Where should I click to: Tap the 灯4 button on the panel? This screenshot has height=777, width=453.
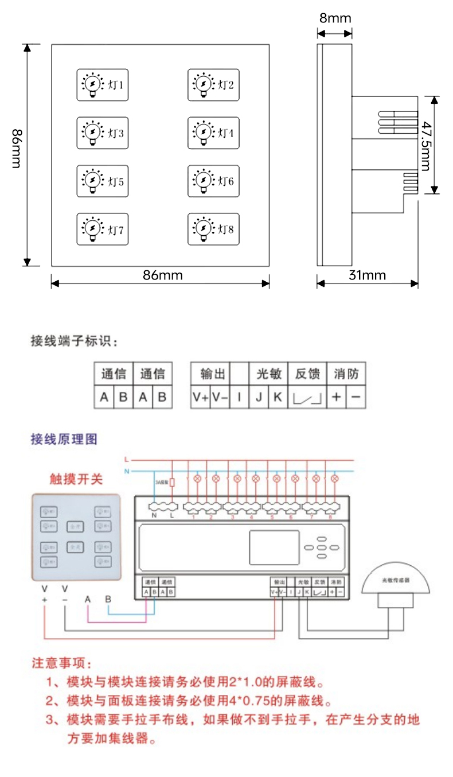point(213,133)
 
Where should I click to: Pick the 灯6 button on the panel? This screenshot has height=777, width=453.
point(213,181)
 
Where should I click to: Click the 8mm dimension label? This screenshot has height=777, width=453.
point(335,18)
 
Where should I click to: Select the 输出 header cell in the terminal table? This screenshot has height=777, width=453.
point(210,374)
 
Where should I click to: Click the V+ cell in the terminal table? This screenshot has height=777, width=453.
point(200,397)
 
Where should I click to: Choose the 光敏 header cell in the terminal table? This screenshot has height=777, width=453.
point(268,374)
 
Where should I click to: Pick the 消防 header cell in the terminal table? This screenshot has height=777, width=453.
point(346,374)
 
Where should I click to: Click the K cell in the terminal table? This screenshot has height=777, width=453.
point(278,397)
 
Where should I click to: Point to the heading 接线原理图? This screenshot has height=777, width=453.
point(64,440)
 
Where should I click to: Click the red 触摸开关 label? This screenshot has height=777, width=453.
point(76,479)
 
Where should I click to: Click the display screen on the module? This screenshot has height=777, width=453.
point(274,547)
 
